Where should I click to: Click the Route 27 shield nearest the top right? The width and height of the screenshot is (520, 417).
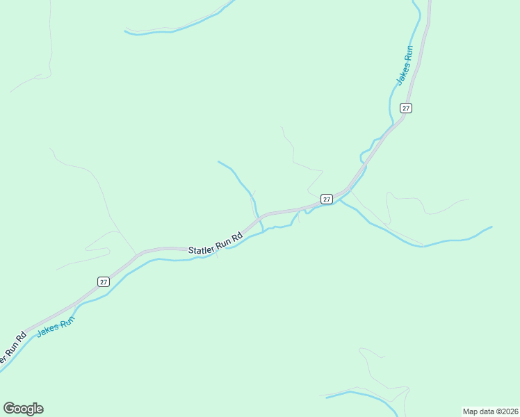(x=406, y=108)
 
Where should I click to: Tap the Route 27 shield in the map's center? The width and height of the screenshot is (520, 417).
(x=326, y=199)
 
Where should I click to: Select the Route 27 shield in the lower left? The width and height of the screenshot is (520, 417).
(x=104, y=281)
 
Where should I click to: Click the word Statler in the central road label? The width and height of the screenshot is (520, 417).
(x=201, y=248)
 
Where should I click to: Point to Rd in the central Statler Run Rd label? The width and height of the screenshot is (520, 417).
(x=237, y=236)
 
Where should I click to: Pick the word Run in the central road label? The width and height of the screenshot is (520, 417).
(x=222, y=242)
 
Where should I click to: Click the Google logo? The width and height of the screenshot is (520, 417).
(x=23, y=409)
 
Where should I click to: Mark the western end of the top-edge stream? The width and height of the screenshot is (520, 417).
(x=126, y=31)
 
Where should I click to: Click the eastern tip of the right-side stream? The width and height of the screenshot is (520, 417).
(x=491, y=227)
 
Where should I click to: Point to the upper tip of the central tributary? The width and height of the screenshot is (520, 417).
(x=219, y=162)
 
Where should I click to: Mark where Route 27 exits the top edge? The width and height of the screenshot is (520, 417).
(x=429, y=3)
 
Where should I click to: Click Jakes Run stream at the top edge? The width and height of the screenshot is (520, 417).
(x=415, y=3)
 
